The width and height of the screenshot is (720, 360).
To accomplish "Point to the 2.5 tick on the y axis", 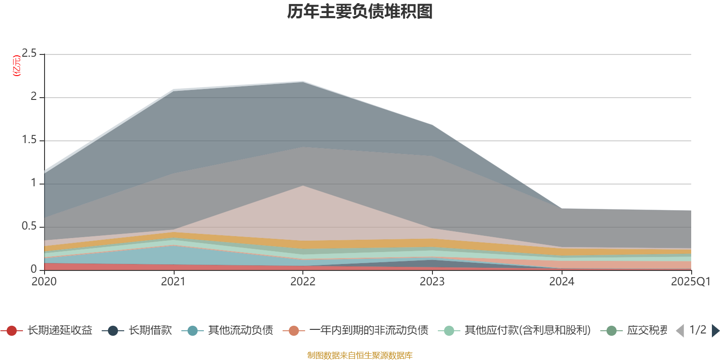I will coord(29,54).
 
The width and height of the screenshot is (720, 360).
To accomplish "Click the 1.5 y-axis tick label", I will coord(29,140).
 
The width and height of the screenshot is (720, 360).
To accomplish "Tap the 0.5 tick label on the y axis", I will coord(29,226).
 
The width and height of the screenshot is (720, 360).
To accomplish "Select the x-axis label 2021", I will coord(173,282).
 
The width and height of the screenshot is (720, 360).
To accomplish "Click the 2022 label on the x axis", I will coord(302,282).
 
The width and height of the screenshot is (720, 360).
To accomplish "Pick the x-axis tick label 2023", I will coord(432,282).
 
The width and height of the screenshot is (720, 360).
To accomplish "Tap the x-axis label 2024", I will coord(561,282).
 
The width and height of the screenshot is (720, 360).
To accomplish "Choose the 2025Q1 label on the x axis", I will coord(690,282).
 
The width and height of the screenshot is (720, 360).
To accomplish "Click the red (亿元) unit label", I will coord(17,66).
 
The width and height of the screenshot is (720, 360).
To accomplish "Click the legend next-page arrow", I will coord(715,331).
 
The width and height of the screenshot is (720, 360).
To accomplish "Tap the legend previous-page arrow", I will coord(680,331).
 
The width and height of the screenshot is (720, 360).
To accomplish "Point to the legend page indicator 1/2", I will coord(697,330).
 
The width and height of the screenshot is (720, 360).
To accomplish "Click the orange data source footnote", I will coord(360,355).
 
